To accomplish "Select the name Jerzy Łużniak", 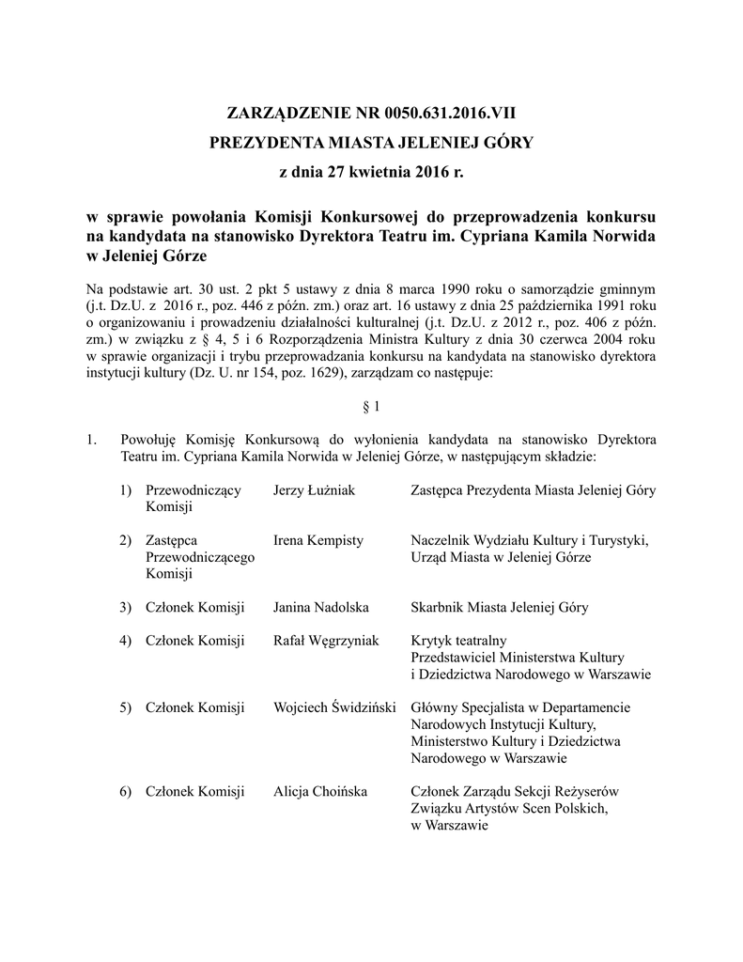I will point(314,490).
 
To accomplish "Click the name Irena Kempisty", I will point(317,540).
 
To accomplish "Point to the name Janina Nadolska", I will point(321,608).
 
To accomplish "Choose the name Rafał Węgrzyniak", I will point(326,641).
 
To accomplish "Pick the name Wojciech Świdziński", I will point(333,707).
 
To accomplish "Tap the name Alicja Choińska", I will point(319,791).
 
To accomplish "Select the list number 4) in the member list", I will point(125,641).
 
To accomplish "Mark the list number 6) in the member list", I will point(125,791).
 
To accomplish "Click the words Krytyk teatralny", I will point(457,641).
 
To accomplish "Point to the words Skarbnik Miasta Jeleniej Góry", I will point(501,608).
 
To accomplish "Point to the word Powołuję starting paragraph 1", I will point(150,440).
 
